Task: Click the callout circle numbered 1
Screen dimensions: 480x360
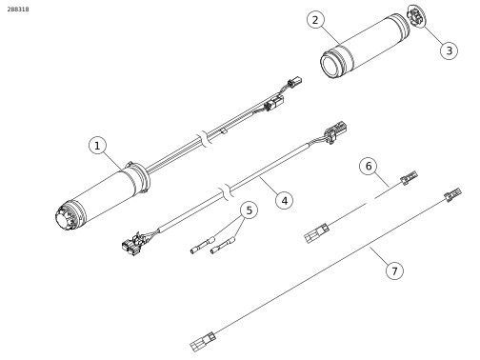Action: [97, 146]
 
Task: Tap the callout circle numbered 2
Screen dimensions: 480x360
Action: [315, 20]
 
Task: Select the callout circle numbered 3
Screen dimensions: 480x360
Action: [449, 50]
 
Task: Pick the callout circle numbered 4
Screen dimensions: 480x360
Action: [285, 201]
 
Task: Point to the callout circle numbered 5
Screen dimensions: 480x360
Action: [250, 210]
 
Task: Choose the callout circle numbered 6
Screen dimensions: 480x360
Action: [369, 166]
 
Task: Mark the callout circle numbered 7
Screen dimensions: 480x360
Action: [394, 271]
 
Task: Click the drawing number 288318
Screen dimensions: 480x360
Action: [18, 10]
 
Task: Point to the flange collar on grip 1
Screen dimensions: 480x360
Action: [140, 176]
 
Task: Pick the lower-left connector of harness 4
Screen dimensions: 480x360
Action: [132, 245]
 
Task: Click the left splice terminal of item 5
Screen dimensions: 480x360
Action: [203, 245]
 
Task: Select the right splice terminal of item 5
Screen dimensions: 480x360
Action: [223, 246]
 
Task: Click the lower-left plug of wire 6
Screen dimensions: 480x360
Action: [317, 233]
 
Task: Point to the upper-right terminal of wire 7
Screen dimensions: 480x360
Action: [453, 194]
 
